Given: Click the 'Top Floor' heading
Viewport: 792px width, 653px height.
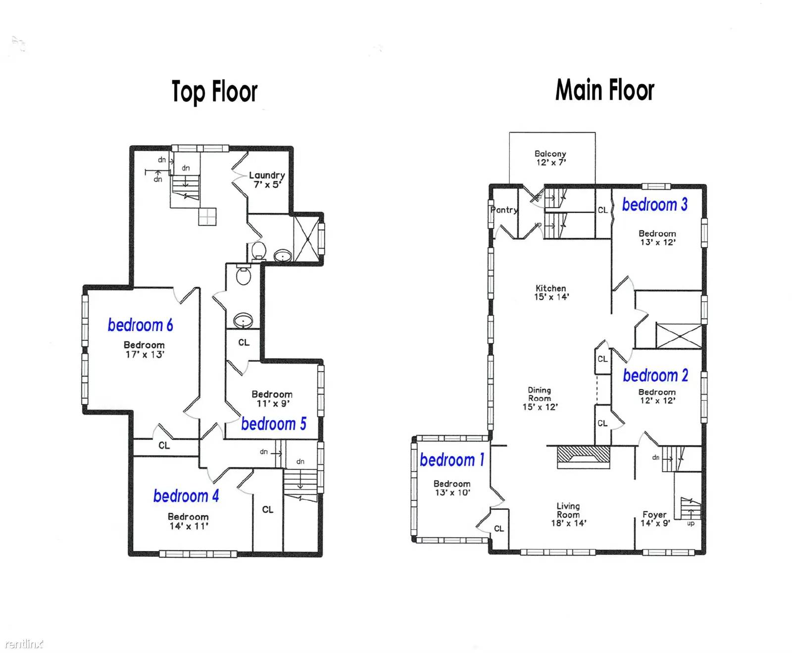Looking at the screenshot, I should (214, 92).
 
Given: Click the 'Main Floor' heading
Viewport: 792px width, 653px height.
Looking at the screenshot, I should (604, 90).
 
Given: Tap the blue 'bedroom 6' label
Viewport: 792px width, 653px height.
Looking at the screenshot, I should (140, 325).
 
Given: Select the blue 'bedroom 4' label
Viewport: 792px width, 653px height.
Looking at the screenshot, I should (186, 495).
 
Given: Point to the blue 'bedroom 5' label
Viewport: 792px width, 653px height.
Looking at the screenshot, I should (273, 424).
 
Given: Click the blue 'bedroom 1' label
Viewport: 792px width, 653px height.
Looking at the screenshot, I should (451, 460).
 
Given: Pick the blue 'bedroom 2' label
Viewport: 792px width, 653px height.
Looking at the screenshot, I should (655, 376).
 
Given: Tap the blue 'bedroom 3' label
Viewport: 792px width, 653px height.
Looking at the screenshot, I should (654, 205).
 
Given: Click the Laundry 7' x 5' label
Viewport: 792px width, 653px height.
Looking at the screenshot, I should (267, 180).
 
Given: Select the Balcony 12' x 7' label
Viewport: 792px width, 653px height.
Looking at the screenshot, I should (550, 158).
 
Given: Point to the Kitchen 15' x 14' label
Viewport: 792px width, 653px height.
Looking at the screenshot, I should (551, 292).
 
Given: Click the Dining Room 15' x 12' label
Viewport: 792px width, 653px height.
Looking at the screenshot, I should (540, 398).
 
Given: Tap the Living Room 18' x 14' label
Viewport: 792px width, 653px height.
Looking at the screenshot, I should (568, 514).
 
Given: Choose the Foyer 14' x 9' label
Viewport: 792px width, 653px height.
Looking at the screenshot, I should (655, 519).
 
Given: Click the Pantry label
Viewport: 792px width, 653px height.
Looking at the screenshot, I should (504, 210).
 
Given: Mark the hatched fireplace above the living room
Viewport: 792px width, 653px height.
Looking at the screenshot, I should (583, 455).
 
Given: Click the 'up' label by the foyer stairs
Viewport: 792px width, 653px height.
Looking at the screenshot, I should (691, 523).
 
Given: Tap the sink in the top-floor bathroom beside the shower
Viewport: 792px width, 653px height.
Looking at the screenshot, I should (283, 256).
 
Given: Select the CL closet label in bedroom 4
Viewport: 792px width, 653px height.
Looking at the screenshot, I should (268, 509).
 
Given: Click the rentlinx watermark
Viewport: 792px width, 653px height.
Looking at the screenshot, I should (24, 644).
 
